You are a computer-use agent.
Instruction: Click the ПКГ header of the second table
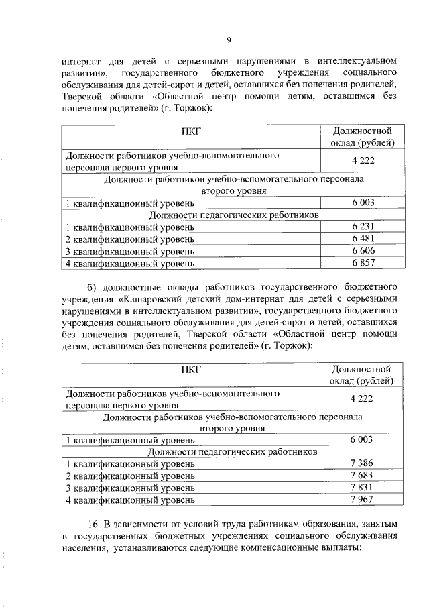pos(190,368)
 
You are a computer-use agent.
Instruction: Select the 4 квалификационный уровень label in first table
pos(130,264)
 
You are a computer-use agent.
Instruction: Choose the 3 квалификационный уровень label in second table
pos(130,489)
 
